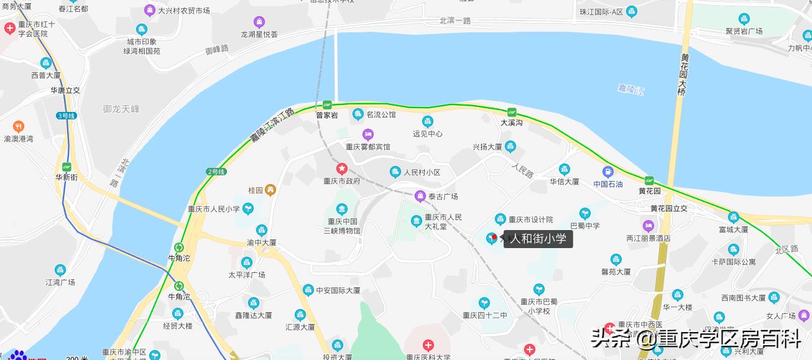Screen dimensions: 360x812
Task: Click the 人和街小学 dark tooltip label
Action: [538, 238]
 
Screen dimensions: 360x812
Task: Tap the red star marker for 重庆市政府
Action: [341, 168]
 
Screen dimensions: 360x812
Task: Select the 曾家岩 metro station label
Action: [326, 115]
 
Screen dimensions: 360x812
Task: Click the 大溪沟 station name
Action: [511, 123]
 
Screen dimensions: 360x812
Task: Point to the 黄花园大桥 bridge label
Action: [683, 75]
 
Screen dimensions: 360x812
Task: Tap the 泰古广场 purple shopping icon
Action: [420, 196]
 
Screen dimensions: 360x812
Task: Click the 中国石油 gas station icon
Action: [607, 172]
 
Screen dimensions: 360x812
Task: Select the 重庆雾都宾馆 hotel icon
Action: [368, 134]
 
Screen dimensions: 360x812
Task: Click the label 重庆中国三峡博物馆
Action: [341, 226]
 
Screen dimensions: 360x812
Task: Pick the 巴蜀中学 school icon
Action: [584, 214]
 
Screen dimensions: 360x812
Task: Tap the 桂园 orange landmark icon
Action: [270, 190]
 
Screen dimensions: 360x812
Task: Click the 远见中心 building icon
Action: [427, 121]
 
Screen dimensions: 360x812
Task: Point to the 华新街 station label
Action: [67, 177]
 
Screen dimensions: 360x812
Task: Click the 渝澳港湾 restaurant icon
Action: [18, 126]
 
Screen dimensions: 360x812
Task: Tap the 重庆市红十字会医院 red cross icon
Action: [10, 29]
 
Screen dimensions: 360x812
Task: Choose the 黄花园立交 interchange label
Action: [669, 208]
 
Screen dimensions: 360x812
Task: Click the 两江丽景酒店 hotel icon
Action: [648, 226]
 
